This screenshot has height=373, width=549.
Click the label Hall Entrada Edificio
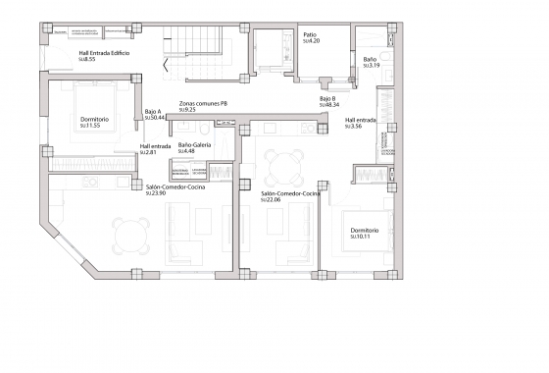point(105,53)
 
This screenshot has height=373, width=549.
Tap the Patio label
point(310,34)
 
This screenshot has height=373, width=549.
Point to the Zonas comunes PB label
point(203,103)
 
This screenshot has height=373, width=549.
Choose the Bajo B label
point(327,98)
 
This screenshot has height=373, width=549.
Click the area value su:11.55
point(92,127)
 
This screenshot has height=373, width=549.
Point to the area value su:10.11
point(364,238)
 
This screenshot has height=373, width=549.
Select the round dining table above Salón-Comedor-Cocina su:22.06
point(284,164)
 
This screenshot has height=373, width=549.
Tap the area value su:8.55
point(88,60)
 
